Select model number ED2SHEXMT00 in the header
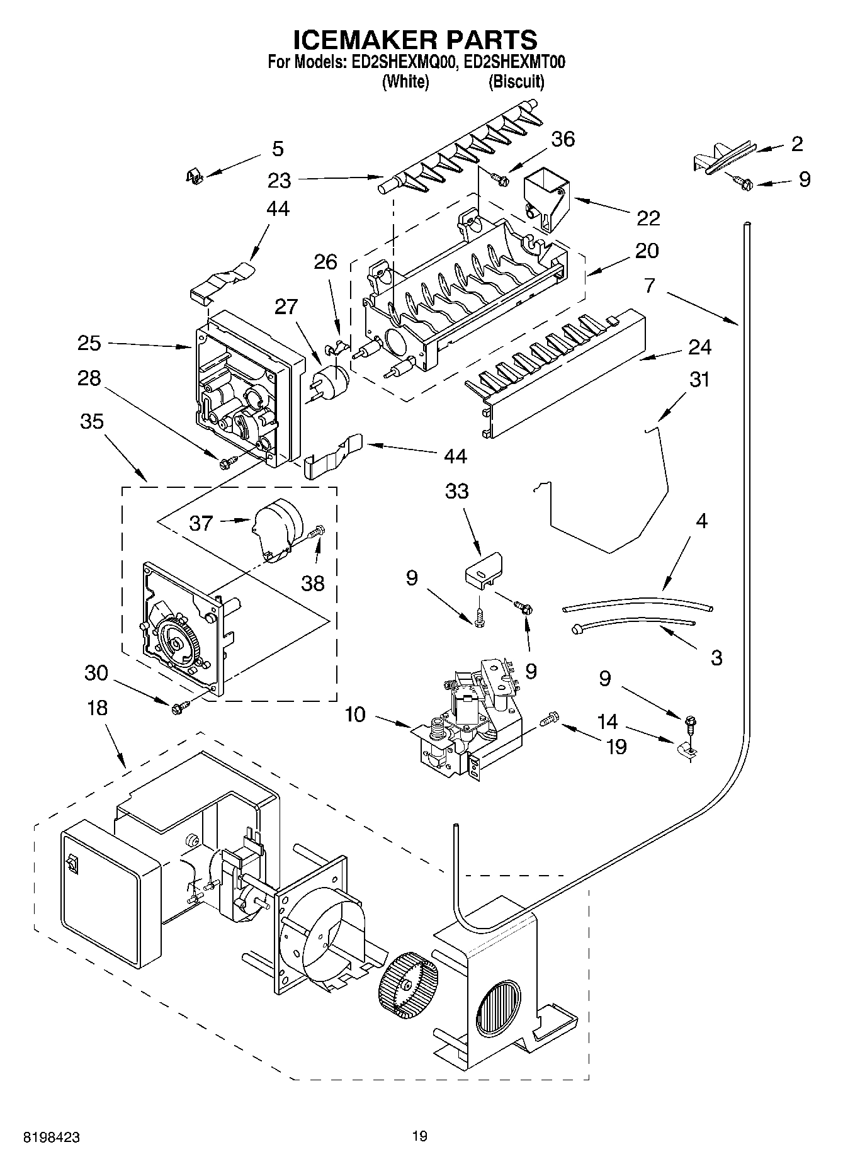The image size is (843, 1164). (518, 62)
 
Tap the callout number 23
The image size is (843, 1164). (279, 181)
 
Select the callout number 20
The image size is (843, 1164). (647, 251)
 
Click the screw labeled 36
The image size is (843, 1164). (501, 180)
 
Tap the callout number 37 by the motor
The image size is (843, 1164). (201, 523)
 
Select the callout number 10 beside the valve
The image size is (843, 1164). (355, 716)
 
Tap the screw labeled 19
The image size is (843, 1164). (551, 718)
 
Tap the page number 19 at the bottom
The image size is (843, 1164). (420, 1136)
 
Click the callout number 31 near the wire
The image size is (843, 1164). (699, 380)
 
